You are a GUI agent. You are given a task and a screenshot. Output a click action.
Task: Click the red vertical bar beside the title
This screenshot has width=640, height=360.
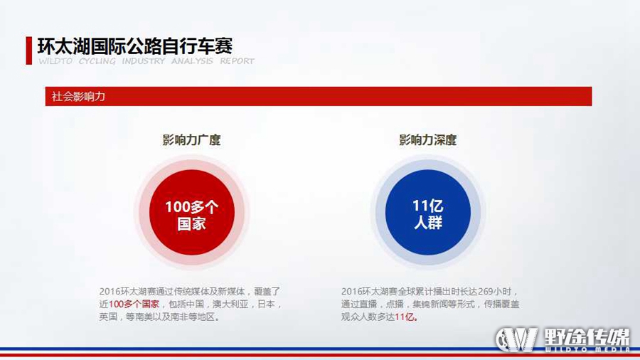[28, 51]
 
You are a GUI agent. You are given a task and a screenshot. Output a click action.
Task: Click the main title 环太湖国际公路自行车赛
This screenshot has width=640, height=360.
[135, 46]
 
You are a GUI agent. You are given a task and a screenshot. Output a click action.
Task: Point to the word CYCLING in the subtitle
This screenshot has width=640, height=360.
[97, 61]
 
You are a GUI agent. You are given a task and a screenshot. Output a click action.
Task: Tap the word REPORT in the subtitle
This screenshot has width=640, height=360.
[237, 61]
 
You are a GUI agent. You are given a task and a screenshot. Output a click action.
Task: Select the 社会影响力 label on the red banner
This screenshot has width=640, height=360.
[78, 97]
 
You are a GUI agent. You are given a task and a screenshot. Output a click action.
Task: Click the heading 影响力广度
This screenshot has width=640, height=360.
[191, 140]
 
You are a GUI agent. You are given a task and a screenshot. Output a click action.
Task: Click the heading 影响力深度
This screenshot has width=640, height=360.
[428, 140]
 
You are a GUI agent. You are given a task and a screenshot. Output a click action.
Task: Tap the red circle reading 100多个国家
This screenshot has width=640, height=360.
[192, 212]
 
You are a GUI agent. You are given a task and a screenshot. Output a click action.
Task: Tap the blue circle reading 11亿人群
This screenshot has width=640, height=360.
[428, 212]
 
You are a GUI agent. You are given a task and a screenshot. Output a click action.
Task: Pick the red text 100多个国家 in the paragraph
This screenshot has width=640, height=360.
[134, 305]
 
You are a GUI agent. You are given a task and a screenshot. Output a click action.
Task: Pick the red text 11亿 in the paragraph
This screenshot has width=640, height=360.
[405, 317]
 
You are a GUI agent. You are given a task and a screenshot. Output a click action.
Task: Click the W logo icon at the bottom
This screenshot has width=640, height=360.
[516, 339]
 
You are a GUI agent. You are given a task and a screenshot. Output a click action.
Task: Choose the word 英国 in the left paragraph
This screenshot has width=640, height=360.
[108, 317]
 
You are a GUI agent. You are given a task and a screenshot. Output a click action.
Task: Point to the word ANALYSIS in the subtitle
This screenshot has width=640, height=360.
[192, 61]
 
